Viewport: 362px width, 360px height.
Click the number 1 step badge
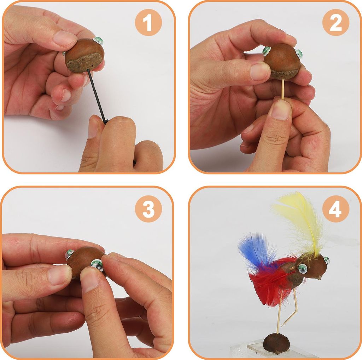pyautogui.click(x=148, y=22)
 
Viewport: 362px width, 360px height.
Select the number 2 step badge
pyautogui.click(x=336, y=22)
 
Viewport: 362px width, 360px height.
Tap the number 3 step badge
pyautogui.click(x=148, y=209)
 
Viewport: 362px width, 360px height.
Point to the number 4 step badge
pyautogui.click(x=336, y=209)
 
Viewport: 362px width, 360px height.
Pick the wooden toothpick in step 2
pyautogui.click(x=282, y=89)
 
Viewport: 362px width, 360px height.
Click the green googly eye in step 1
pyautogui.click(x=99, y=41)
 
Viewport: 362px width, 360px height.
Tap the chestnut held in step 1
pyautogui.click(x=84, y=55)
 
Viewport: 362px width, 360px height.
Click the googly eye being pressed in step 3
pyautogui.click(x=97, y=265)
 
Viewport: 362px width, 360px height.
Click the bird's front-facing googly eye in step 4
pyautogui.click(x=303, y=269)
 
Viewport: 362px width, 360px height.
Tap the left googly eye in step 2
pyautogui.click(x=267, y=51)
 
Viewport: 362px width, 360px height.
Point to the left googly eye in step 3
pyautogui.click(x=69, y=254)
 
